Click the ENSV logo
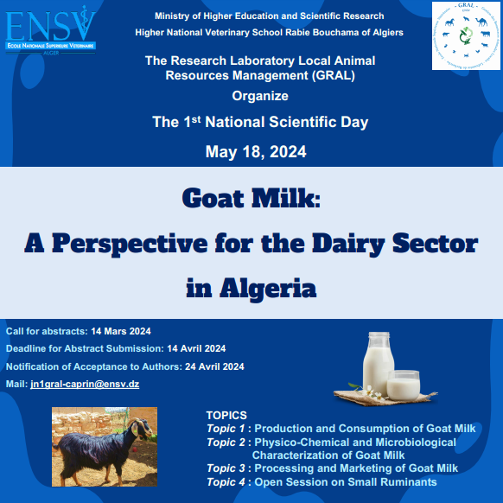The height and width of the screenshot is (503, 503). (51, 30)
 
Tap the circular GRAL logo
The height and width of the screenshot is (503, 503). (466, 35)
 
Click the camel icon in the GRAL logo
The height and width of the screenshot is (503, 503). (481, 22)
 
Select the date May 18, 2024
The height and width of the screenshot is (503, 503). (256, 152)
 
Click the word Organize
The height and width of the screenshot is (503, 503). (260, 96)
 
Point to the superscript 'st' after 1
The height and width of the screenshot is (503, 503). (196, 119)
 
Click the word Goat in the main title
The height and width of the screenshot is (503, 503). (213, 198)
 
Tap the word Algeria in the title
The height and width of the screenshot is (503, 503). (268, 289)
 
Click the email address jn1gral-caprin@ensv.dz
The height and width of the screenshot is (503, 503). (85, 384)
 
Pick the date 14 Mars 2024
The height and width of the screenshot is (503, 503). (121, 331)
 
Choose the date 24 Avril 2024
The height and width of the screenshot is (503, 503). (214, 366)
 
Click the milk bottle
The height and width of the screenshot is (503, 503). (379, 364)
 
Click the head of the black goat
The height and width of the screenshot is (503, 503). (143, 428)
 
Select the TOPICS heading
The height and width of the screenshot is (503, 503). (226, 415)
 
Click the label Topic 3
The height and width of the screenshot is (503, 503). (226, 468)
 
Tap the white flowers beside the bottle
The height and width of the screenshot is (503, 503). (372, 393)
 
